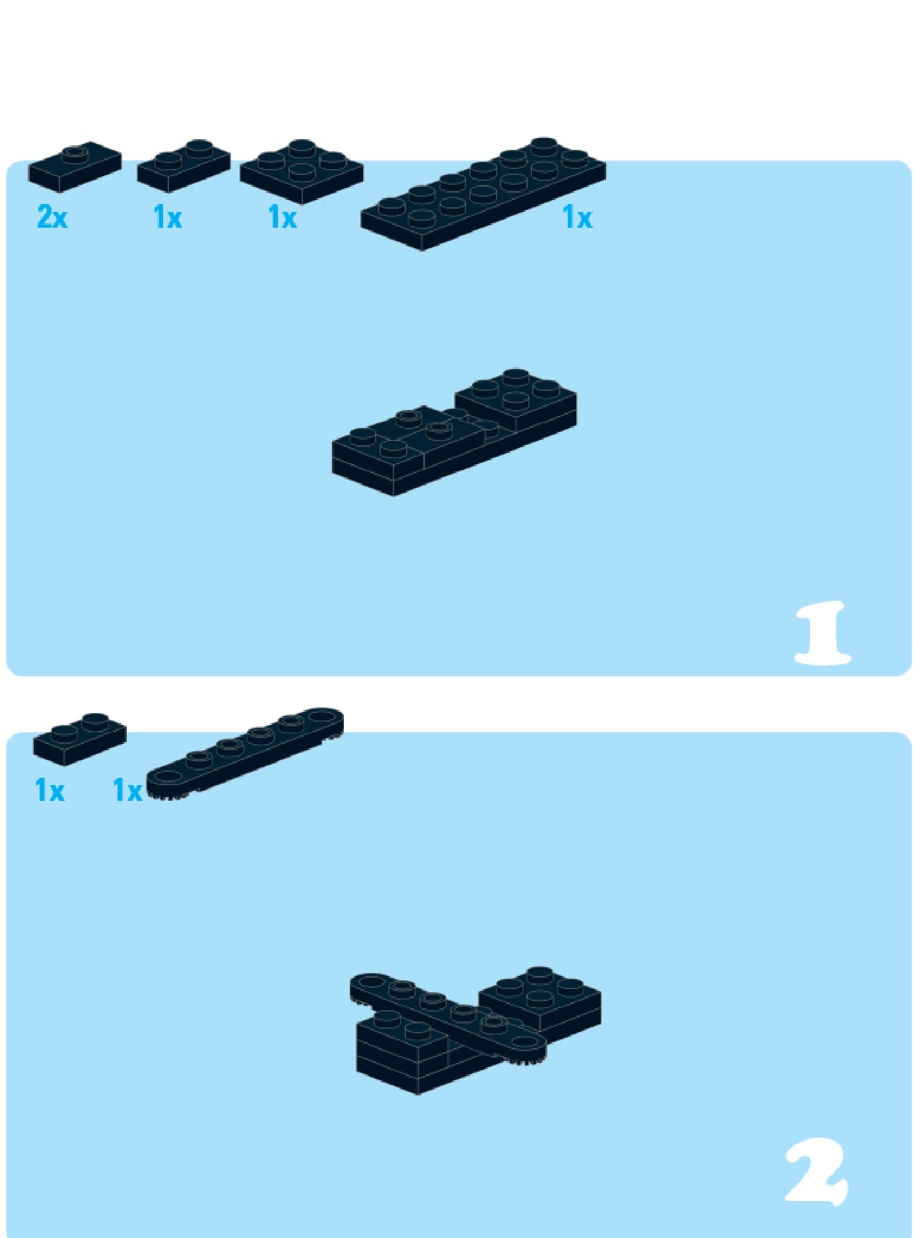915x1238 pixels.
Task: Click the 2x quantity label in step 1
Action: (x=52, y=217)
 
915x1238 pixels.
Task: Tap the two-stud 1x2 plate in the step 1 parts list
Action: (x=184, y=166)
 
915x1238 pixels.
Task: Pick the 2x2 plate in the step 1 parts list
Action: (x=302, y=172)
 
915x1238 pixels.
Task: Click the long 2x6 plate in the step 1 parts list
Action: (x=483, y=194)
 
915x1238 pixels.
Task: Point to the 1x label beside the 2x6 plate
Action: (x=577, y=217)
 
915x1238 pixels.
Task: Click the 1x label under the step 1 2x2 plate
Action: (x=282, y=217)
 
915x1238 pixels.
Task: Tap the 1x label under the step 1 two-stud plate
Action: (x=167, y=217)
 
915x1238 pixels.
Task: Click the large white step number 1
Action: (x=823, y=633)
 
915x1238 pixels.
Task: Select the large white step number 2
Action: (x=817, y=1172)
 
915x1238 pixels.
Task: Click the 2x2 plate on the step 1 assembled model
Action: (x=516, y=400)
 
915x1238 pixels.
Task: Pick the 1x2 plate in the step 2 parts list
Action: (x=80, y=739)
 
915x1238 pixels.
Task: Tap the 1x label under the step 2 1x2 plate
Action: (x=50, y=790)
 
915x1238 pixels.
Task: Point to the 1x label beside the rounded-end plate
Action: (x=127, y=790)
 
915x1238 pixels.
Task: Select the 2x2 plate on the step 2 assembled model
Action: (x=540, y=999)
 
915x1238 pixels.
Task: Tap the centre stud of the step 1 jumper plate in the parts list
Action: (x=75, y=155)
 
